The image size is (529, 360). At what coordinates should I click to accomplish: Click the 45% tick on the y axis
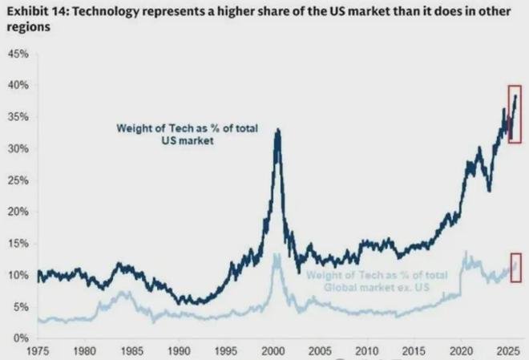click(x=18, y=54)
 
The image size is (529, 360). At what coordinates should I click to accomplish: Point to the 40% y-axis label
click(x=18, y=85)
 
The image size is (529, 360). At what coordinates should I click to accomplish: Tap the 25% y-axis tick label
click(x=18, y=180)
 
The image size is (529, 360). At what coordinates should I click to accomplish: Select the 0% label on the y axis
click(x=21, y=338)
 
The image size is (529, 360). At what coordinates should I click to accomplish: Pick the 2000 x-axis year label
click(x=274, y=350)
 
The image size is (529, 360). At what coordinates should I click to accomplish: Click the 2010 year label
click(x=368, y=350)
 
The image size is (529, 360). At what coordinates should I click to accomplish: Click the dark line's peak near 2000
click(x=277, y=129)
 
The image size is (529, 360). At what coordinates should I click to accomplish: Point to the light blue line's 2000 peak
click(x=277, y=255)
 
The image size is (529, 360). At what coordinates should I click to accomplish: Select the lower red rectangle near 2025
click(x=515, y=267)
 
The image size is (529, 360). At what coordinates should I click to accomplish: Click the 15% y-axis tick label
click(x=18, y=244)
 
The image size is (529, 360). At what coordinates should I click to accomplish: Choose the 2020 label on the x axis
click(x=462, y=350)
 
